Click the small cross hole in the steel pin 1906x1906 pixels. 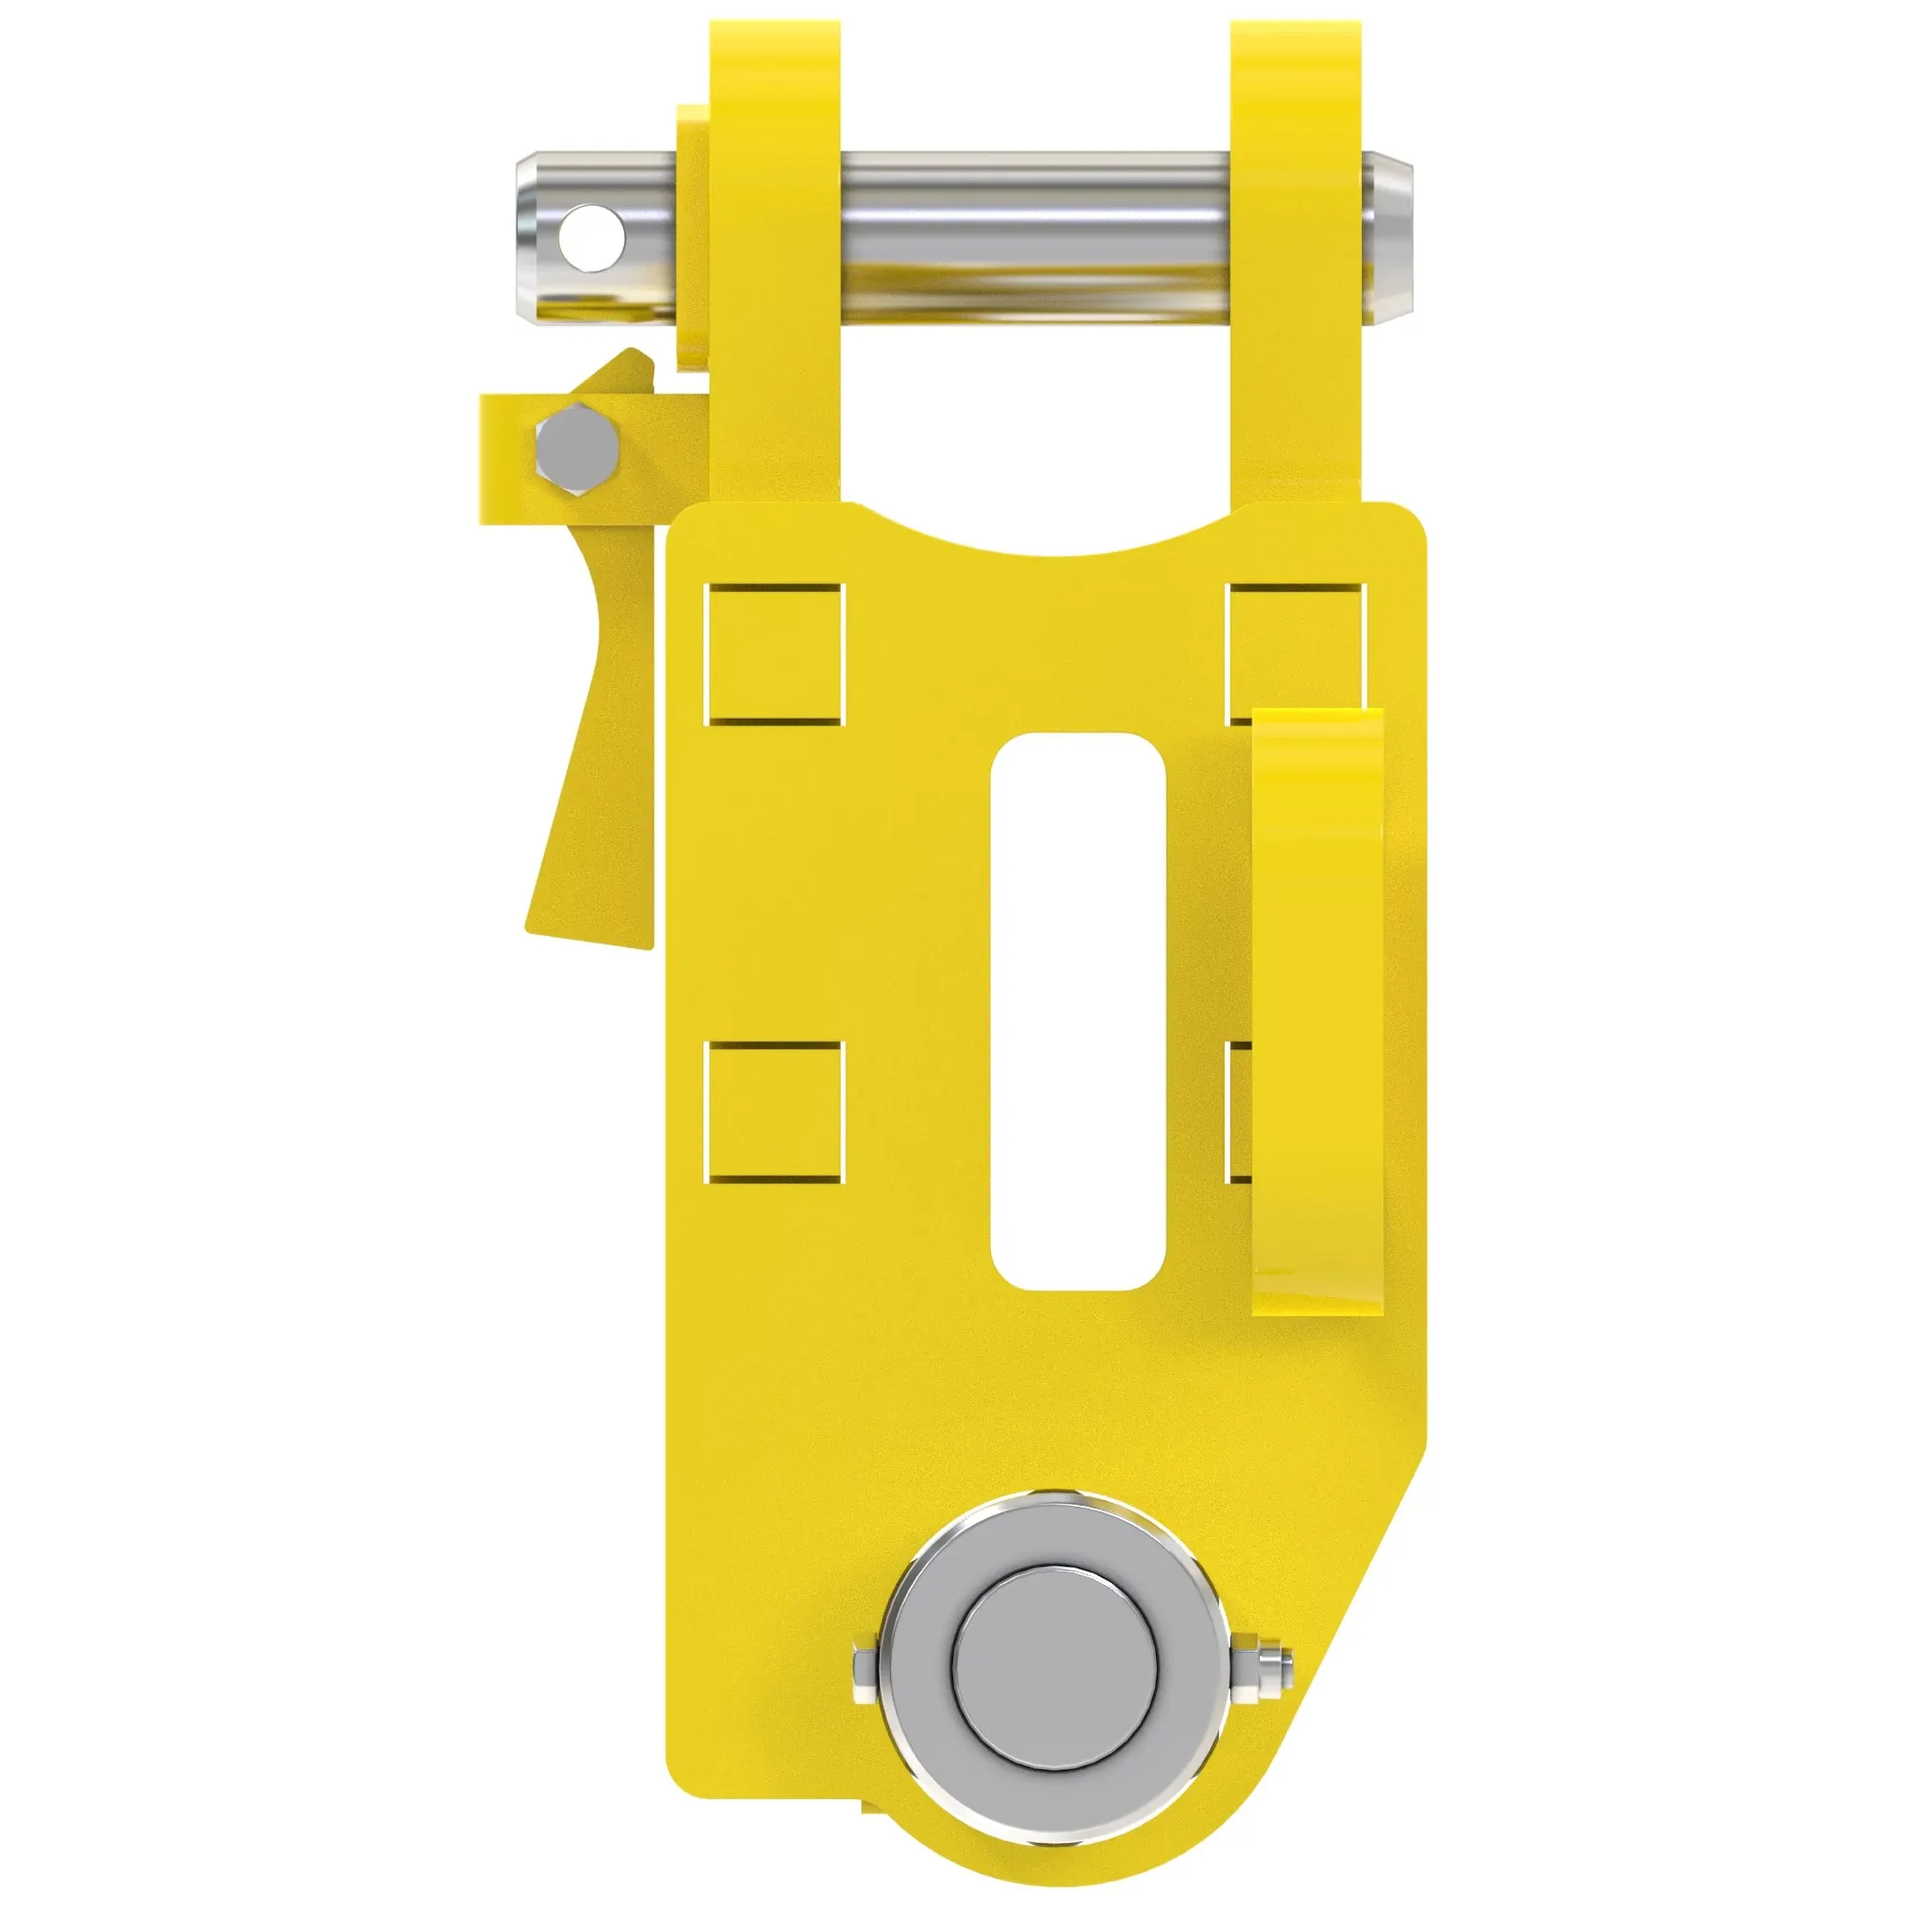(591, 237)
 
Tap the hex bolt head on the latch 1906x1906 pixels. (578, 448)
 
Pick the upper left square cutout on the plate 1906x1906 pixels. (776, 654)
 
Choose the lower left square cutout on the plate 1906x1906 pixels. (776, 1112)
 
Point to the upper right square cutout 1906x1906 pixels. (1294, 641)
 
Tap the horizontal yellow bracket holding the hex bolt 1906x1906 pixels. (503, 458)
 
